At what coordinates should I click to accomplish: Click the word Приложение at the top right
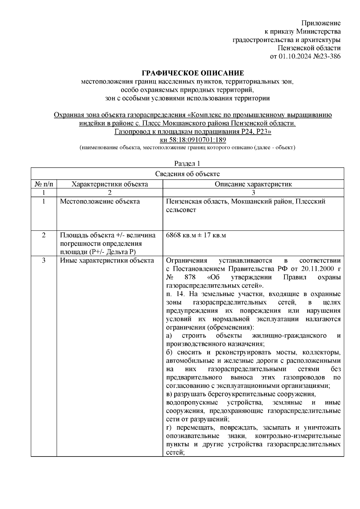pos(321,23)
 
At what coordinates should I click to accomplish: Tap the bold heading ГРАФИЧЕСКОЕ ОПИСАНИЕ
pos(193,73)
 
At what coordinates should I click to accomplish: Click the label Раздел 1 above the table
pos(187,163)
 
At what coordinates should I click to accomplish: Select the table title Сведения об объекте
pos(187,174)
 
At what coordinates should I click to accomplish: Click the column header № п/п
pos(44,184)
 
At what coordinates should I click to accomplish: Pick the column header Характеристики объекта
pos(109,184)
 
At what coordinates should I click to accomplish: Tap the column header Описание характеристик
pos(253,184)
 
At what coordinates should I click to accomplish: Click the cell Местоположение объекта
pos(100,202)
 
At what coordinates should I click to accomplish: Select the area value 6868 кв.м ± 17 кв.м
pos(196,235)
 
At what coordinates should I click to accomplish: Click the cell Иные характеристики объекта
pos(107,261)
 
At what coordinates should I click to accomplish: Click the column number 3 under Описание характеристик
pos(253,193)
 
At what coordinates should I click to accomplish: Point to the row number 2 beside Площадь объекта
pos(44,235)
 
